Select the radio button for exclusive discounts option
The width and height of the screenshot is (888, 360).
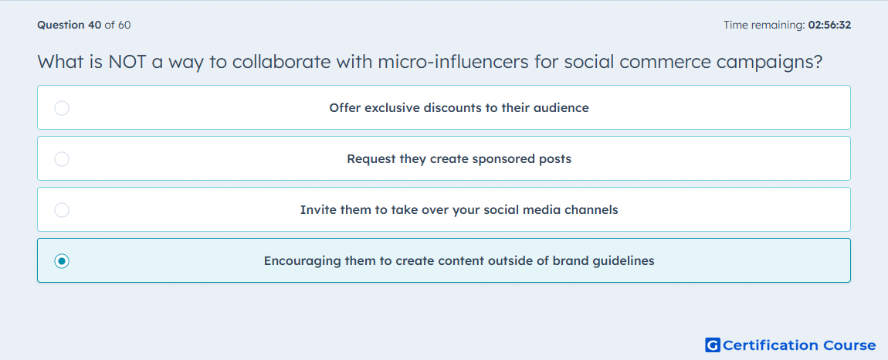(x=62, y=107)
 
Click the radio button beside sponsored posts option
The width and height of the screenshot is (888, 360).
(x=62, y=158)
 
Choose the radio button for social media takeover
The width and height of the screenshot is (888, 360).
(x=62, y=210)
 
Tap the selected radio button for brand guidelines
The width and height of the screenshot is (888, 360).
(x=62, y=261)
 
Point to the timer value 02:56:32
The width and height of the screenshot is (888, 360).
(x=829, y=25)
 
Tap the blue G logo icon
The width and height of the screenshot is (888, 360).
(x=713, y=345)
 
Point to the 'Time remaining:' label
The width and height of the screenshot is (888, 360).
(x=764, y=25)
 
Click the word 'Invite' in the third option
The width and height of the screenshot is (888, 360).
(x=314, y=210)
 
